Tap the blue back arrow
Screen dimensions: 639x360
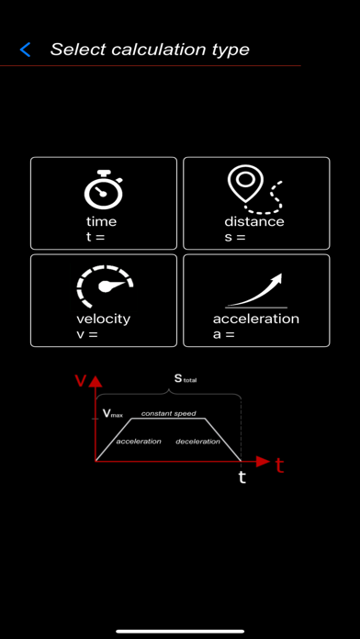click(25, 50)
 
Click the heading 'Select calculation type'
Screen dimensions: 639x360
click(150, 50)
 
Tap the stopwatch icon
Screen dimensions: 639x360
click(102, 188)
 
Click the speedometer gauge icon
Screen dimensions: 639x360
click(103, 287)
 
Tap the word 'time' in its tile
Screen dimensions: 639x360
click(102, 221)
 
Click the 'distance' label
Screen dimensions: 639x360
click(254, 221)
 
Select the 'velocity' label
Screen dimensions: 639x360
click(103, 319)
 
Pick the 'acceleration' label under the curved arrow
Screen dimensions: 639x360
click(256, 319)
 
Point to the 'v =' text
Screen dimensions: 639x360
click(87, 334)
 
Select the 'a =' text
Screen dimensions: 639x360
click(223, 334)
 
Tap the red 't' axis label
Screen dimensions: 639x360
click(280, 466)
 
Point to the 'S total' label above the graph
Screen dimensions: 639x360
click(185, 378)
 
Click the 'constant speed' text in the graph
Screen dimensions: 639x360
click(168, 414)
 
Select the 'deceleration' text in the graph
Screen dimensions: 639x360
click(197, 442)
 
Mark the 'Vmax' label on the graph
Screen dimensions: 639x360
click(111, 414)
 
